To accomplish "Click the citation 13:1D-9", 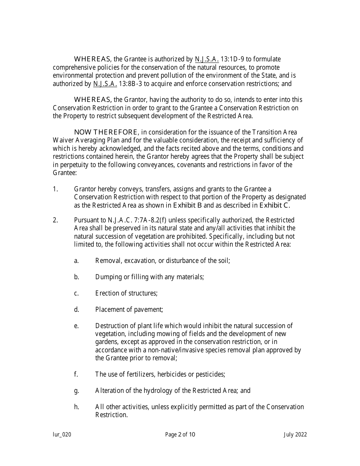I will coord(232,59).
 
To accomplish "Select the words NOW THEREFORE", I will coord(106,132).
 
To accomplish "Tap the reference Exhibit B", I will coord(188,205).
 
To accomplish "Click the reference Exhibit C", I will coord(275,205).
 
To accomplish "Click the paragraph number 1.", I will coord(55,189).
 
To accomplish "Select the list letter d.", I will coord(77,310).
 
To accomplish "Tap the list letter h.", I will coord(77,407).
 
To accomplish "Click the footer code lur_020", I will coord(62,435).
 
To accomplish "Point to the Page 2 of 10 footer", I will coord(180,435).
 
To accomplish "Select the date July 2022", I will coord(295,435).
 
